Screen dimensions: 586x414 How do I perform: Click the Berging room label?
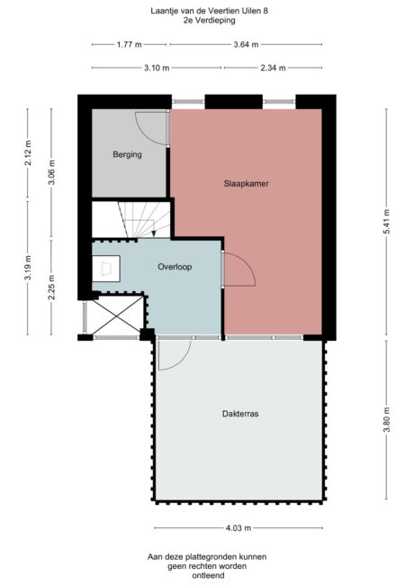127,155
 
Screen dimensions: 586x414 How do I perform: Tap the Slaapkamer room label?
247,183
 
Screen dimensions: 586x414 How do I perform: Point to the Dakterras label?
240,415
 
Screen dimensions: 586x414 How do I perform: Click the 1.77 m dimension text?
130,44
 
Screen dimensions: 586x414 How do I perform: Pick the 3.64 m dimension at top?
246,44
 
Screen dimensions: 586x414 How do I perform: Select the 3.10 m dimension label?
157,68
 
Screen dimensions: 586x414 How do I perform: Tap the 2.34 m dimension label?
274,68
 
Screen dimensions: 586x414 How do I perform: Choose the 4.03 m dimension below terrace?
238,528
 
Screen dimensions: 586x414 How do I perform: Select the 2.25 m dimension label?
52,285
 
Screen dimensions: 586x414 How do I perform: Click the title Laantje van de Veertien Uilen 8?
207,11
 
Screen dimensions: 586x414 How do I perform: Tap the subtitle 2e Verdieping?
207,21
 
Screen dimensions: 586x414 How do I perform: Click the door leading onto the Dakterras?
173,354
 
